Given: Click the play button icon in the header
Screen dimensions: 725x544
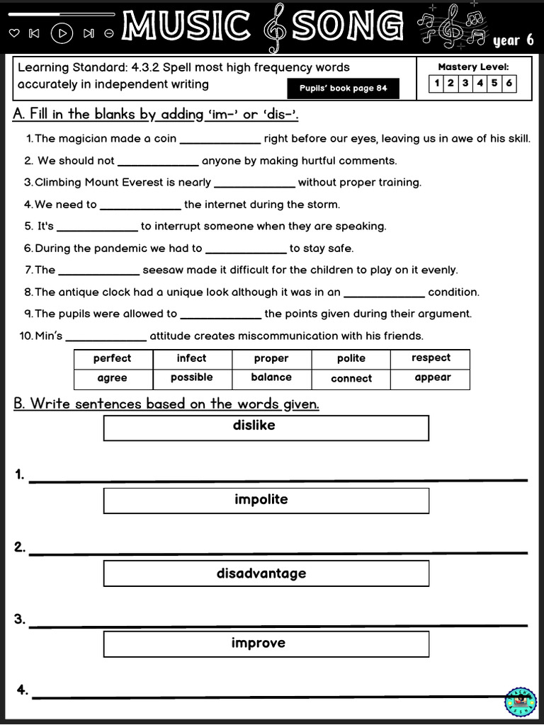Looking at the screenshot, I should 63,33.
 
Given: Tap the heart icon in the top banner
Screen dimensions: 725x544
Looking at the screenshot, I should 14,33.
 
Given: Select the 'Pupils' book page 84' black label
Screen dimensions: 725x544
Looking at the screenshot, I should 343,89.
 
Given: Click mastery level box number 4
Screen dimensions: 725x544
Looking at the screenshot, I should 480,83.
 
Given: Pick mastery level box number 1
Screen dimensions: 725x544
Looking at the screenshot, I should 437,83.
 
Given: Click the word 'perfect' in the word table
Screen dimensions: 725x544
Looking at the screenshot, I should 113,358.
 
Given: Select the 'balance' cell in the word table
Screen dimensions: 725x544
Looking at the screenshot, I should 271,377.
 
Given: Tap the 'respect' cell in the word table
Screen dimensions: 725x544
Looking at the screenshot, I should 431,358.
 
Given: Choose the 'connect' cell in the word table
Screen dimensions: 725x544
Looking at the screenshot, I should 351,378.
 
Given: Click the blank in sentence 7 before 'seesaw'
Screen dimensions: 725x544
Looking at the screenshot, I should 98,270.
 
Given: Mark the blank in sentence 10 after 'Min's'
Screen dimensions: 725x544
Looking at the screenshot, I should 106,336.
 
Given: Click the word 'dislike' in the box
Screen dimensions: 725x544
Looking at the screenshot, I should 254,426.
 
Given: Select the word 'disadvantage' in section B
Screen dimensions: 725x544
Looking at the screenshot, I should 261,573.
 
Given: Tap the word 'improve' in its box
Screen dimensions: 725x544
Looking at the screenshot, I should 259,643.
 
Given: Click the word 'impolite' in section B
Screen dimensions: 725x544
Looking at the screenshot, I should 261,500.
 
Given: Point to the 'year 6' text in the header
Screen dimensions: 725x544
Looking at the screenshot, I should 513,40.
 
